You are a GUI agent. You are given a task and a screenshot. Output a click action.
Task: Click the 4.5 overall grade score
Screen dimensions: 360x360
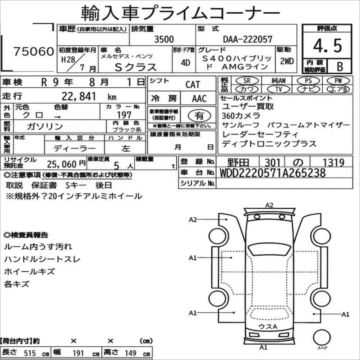pos(327,46)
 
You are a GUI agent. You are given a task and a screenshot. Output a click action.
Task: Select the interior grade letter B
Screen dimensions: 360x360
pos(340,66)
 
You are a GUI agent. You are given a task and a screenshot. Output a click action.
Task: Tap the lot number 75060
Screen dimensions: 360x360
pos(33,51)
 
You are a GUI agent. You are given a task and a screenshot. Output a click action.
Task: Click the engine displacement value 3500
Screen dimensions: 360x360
pos(164,39)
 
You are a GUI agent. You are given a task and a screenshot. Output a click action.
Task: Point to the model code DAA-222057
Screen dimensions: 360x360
pos(248,39)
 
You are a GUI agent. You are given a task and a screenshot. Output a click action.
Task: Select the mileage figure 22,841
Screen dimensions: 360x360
pos(79,96)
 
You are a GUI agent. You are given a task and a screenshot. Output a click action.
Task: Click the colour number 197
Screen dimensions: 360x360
pos(124,115)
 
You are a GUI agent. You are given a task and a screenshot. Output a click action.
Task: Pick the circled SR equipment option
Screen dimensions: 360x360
pos(247,80)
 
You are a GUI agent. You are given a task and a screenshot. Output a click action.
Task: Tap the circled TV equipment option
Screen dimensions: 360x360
pos(278,89)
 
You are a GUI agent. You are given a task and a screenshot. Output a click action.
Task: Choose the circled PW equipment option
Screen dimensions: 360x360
pos(338,80)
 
